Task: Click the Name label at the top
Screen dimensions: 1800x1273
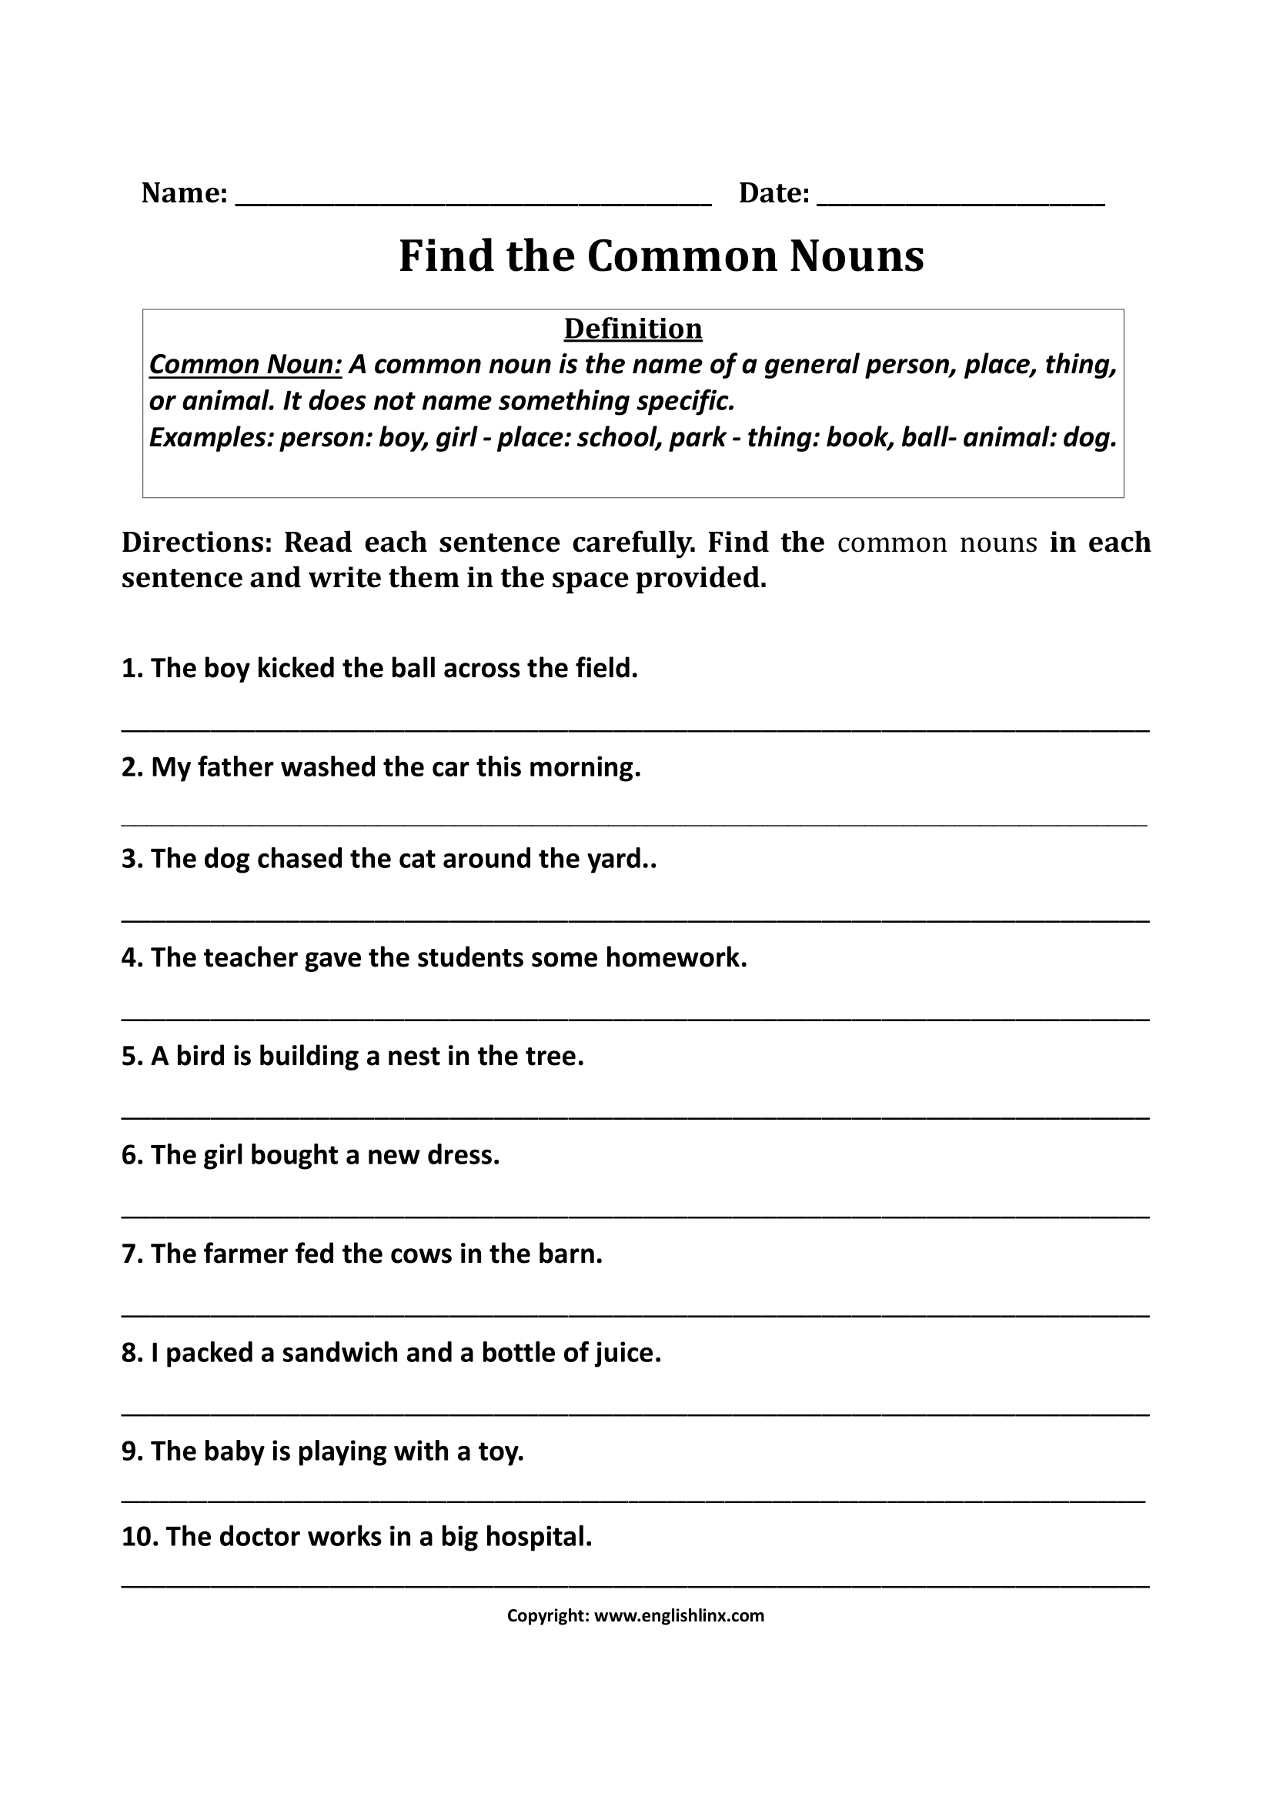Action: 184,193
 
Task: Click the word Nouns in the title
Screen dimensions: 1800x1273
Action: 856,255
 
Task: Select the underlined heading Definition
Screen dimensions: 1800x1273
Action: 633,329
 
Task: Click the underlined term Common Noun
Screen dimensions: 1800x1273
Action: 246,365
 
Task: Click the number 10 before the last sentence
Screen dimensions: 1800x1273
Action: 138,1549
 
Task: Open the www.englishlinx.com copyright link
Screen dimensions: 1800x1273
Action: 679,1615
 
